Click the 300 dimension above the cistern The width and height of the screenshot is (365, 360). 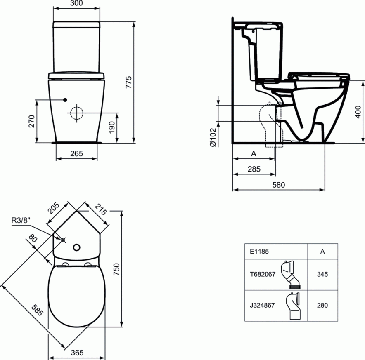(x=76, y=3)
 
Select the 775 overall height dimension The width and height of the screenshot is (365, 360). (x=128, y=82)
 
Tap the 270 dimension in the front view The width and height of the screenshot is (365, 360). (x=32, y=121)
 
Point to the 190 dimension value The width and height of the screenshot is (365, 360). (x=112, y=127)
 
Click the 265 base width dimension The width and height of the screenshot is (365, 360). (x=76, y=153)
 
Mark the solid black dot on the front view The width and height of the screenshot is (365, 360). (x=65, y=100)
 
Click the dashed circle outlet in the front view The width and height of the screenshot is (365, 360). (x=76, y=113)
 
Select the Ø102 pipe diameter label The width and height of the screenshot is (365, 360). (x=213, y=137)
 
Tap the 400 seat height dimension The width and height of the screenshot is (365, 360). (x=358, y=112)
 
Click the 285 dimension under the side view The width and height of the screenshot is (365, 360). (x=254, y=169)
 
